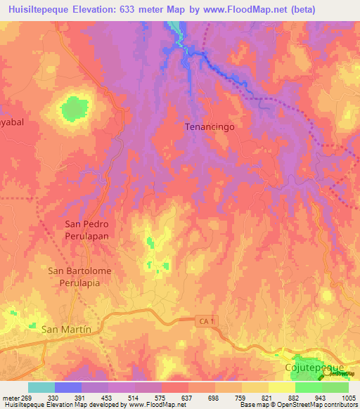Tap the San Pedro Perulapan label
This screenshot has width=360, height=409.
86,230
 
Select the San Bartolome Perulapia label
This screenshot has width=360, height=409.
79,276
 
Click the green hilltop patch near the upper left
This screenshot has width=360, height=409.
72,109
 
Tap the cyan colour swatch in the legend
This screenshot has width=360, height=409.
41,387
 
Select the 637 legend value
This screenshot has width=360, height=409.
188,398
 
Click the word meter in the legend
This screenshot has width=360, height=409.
11,398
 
